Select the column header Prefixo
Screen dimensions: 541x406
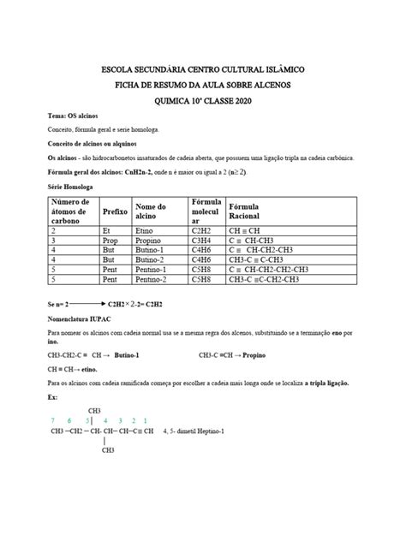115,211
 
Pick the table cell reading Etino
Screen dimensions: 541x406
146,230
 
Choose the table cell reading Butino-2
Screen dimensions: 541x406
152,259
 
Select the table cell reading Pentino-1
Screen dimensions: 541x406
154,269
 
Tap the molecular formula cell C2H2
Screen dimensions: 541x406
205,230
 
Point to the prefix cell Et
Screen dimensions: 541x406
107,230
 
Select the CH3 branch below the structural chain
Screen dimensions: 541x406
109,449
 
